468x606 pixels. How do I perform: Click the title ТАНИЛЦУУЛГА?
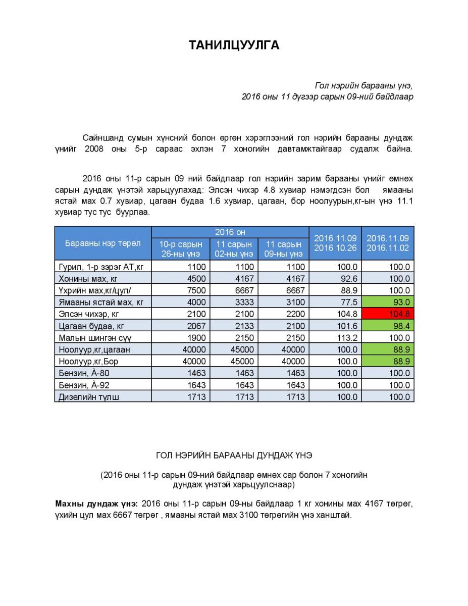click(234, 45)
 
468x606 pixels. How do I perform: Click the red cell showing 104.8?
click(388, 314)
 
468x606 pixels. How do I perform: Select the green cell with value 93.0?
click(388, 302)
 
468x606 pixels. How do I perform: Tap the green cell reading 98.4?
click(388, 326)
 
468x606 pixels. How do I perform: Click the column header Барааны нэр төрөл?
click(103, 243)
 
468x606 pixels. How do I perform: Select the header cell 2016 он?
click(230, 232)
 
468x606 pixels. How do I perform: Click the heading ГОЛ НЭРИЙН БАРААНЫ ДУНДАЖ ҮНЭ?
click(234, 456)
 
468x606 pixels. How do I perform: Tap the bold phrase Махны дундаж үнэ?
click(96, 504)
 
